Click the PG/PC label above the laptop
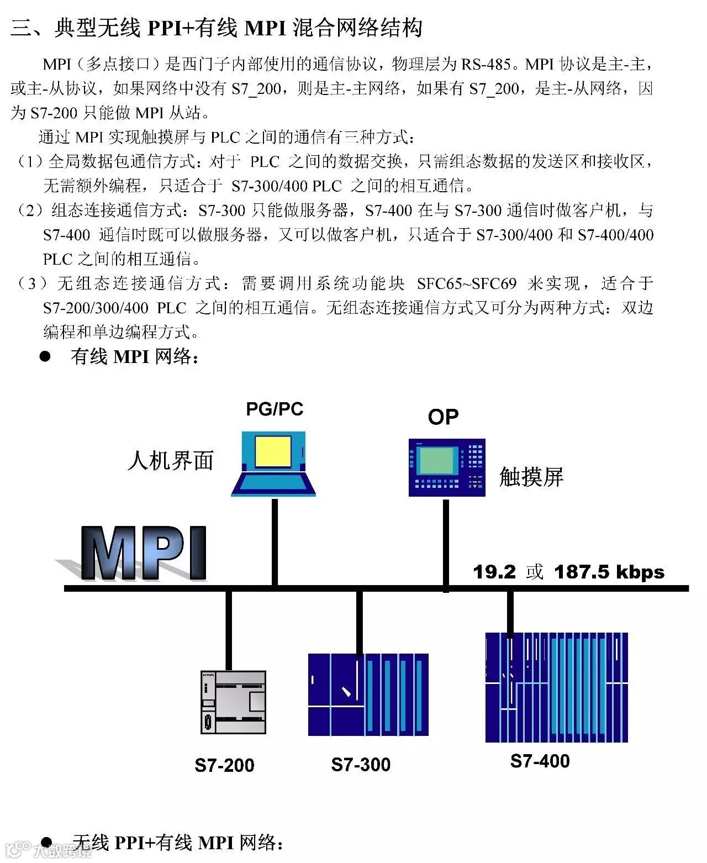[275, 409]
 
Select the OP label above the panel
[443, 417]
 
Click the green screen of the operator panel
[437, 461]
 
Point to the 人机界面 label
[170, 460]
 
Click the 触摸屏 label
[531, 477]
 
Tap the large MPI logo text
[144, 553]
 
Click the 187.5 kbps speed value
[609, 572]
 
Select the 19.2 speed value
[494, 572]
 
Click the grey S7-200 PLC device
[233, 702]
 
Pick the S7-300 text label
[361, 765]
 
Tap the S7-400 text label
[540, 761]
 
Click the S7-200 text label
[224, 765]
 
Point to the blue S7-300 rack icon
[368, 694]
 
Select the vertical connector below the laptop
[275, 541]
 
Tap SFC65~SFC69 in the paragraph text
[467, 284]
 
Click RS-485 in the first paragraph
[486, 65]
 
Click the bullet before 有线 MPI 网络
[45, 356]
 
